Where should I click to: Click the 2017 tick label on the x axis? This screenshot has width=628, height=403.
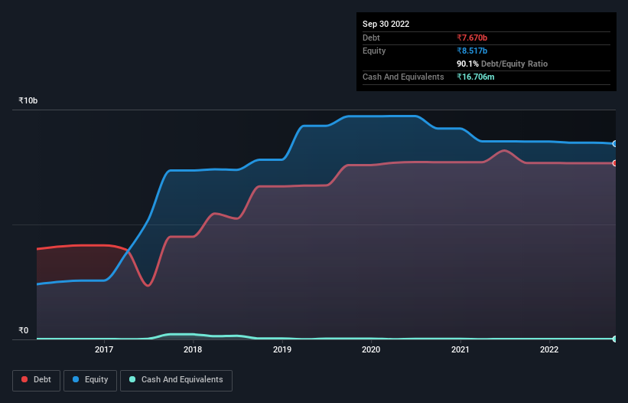pos(104,350)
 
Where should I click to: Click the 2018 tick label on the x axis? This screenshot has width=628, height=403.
pos(193,350)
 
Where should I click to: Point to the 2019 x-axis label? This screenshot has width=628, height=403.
pos(282,350)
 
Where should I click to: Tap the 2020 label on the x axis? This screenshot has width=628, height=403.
pos(371,350)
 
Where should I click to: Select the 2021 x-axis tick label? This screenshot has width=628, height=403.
pos(460,350)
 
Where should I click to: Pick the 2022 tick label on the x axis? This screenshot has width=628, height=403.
pos(549,350)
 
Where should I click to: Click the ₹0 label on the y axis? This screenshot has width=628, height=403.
pos(23,331)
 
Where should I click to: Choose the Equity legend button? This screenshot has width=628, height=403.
pos(89,380)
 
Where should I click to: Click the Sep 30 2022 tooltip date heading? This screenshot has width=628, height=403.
pos(386,24)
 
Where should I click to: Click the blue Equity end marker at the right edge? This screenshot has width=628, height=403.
pos(614,144)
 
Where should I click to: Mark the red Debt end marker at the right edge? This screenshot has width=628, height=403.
pos(614,163)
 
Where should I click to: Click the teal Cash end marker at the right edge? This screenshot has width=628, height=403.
pos(614,339)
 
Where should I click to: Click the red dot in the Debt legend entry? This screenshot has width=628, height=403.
pos(25,380)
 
